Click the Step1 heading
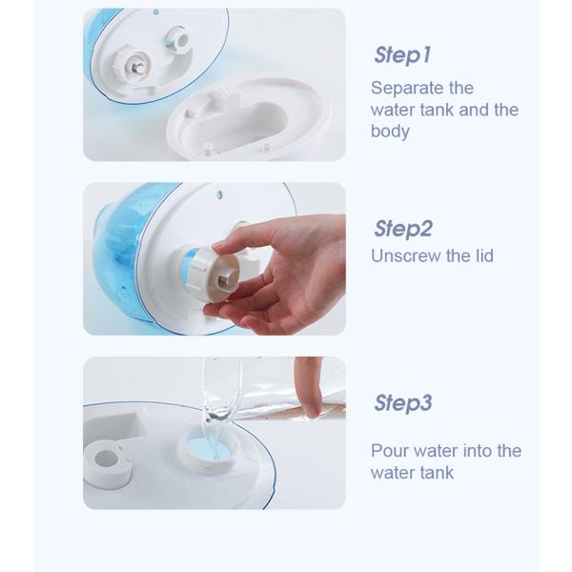pyautogui.click(x=402, y=54)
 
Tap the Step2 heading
pyautogui.click(x=403, y=229)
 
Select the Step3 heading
pyautogui.click(x=403, y=402)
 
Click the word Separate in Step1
pyautogui.click(x=406, y=89)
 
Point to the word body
pyautogui.click(x=390, y=131)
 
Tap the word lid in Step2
pyautogui.click(x=483, y=255)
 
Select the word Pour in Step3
pyautogui.click(x=390, y=451)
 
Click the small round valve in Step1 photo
pyautogui.click(x=176, y=39)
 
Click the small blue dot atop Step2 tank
pyautogui.click(x=219, y=194)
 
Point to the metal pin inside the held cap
pyautogui.click(x=222, y=279)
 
